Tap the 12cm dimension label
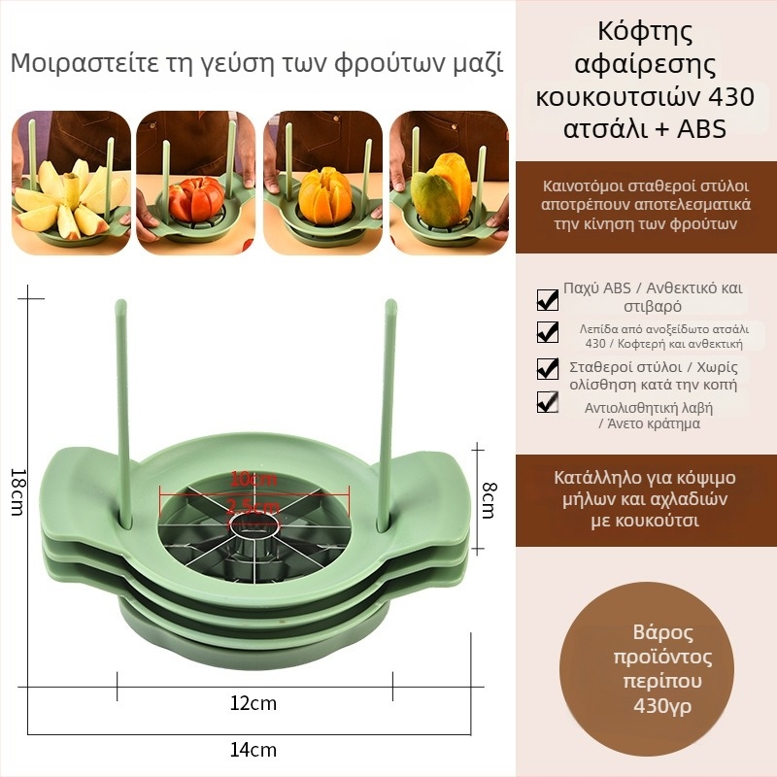point(253,703)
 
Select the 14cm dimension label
point(253,750)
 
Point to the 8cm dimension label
point(489,500)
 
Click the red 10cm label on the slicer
point(253,479)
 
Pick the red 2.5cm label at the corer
point(253,507)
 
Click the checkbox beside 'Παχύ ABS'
point(548,300)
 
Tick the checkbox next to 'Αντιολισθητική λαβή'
point(548,402)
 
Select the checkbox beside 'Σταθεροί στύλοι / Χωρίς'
point(548,369)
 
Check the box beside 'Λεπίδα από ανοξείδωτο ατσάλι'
point(548,332)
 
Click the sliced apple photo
point(71,183)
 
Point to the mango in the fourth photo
point(442,188)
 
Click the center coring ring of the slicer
point(253,524)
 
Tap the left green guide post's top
point(120,303)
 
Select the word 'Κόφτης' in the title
point(645,32)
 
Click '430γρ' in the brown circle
point(662,705)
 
